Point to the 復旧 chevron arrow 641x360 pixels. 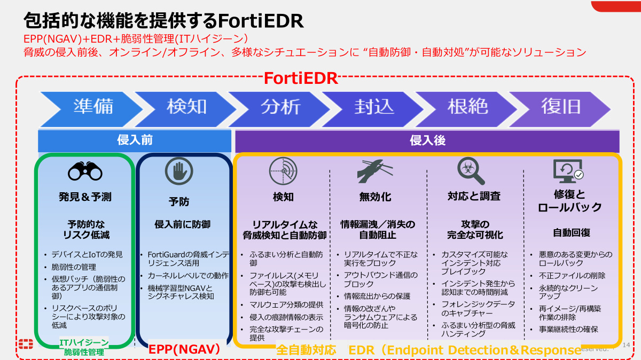561,107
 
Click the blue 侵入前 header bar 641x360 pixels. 135,141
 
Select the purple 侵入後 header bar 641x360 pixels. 427,141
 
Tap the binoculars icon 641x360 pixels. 85,171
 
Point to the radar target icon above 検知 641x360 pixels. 283,171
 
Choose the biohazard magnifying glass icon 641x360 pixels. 471,170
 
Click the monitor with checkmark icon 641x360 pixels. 567,170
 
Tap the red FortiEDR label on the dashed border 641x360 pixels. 301,79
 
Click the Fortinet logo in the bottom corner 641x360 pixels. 26,345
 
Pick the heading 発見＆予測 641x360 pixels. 85,197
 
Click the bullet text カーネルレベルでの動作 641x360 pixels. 188,276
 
